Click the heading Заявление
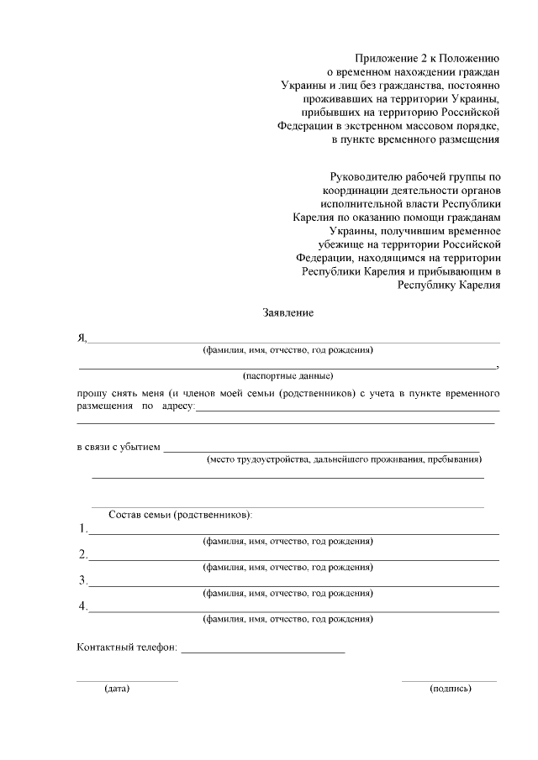click(x=287, y=313)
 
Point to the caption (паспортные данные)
click(x=287, y=375)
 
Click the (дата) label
click(x=117, y=689)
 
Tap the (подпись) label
click(x=450, y=689)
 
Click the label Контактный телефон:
click(x=126, y=649)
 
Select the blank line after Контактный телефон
click(x=262, y=652)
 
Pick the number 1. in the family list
click(x=83, y=529)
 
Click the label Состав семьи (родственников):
click(x=180, y=514)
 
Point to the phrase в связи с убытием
click(x=118, y=447)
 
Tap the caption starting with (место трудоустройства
click(x=344, y=459)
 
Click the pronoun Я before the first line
click(x=82, y=338)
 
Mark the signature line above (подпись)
click(x=449, y=681)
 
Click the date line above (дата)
click(x=127, y=681)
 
